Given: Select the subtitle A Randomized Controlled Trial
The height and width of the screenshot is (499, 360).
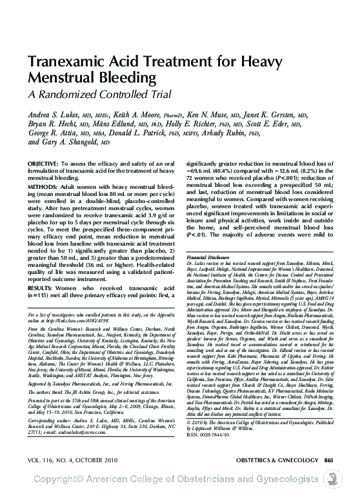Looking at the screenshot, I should [86, 95].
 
